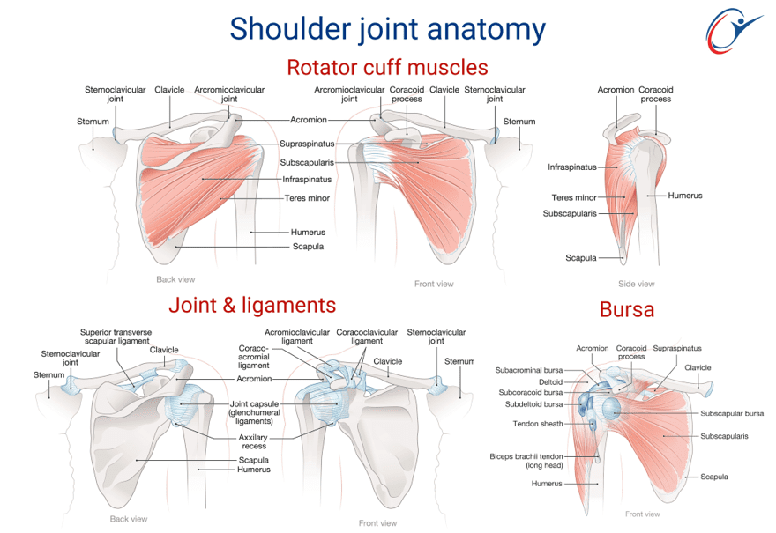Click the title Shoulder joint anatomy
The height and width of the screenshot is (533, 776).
click(x=387, y=29)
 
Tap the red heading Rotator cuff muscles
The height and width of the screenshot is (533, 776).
click(x=387, y=67)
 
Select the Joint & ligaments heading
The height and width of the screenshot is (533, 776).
click(x=252, y=305)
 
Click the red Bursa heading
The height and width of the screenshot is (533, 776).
click(x=627, y=309)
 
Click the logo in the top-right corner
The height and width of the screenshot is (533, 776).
click(x=734, y=31)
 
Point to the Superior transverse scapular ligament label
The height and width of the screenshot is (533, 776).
click(x=116, y=337)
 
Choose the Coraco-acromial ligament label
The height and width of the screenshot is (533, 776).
click(x=253, y=357)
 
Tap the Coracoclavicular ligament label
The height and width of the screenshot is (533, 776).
click(x=367, y=337)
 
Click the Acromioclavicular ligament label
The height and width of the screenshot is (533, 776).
click(x=297, y=337)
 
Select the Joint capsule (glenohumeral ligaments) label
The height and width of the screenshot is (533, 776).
click(x=254, y=412)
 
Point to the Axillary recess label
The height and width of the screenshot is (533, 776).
click(x=253, y=441)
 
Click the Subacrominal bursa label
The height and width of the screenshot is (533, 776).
click(x=528, y=370)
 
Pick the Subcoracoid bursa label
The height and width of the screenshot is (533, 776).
click(x=531, y=393)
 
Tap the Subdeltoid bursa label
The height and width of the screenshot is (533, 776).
click(x=533, y=404)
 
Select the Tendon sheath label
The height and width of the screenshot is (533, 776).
click(x=538, y=424)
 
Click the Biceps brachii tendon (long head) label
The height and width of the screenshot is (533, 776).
click(x=526, y=461)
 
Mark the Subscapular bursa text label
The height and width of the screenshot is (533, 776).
click(x=732, y=413)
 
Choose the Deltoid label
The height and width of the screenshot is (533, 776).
click(x=550, y=381)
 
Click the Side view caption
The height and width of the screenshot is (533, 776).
click(x=636, y=284)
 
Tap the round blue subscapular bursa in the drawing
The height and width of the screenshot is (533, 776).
click(x=611, y=407)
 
